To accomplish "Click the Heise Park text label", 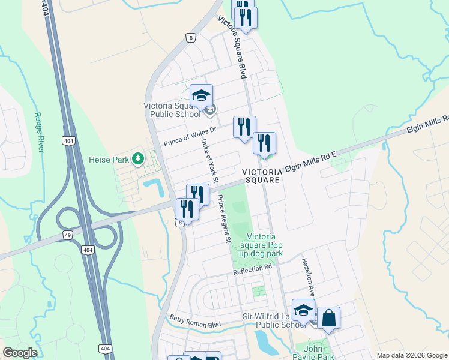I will point(108,160).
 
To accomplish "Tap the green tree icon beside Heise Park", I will point(139,158).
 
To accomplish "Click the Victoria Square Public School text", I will point(172,110).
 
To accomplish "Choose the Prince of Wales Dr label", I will point(190,137).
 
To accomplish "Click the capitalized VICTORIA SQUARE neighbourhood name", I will point(262,176).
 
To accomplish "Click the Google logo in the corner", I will point(20,353).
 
